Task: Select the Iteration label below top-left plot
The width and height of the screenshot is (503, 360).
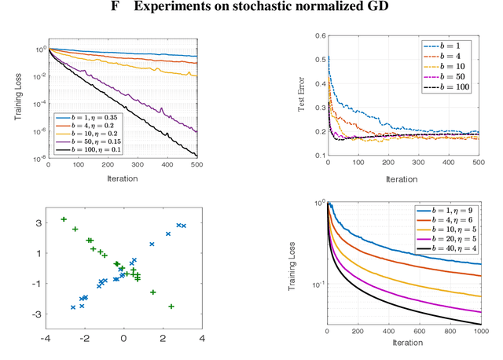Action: [x=122, y=178]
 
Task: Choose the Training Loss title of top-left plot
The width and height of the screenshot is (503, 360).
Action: [x=18, y=96]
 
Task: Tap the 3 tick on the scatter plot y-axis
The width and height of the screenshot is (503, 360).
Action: [x=35, y=223]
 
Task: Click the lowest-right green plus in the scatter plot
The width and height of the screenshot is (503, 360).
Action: [x=171, y=307]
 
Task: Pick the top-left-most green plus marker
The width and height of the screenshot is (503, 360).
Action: [x=64, y=219]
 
